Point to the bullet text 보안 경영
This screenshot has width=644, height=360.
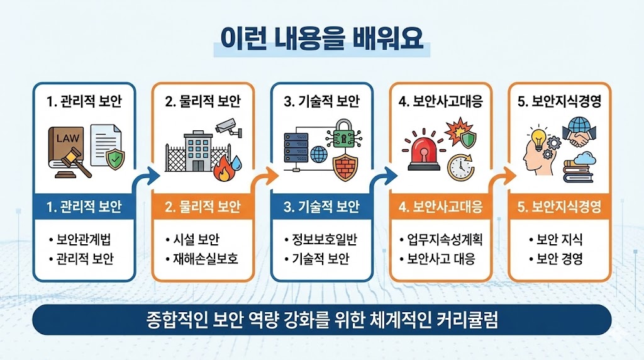pyautogui.click(x=559, y=259)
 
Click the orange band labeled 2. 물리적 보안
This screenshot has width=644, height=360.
pyautogui.click(x=203, y=206)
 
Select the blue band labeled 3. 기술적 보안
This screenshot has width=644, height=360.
pyautogui.click(x=321, y=206)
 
